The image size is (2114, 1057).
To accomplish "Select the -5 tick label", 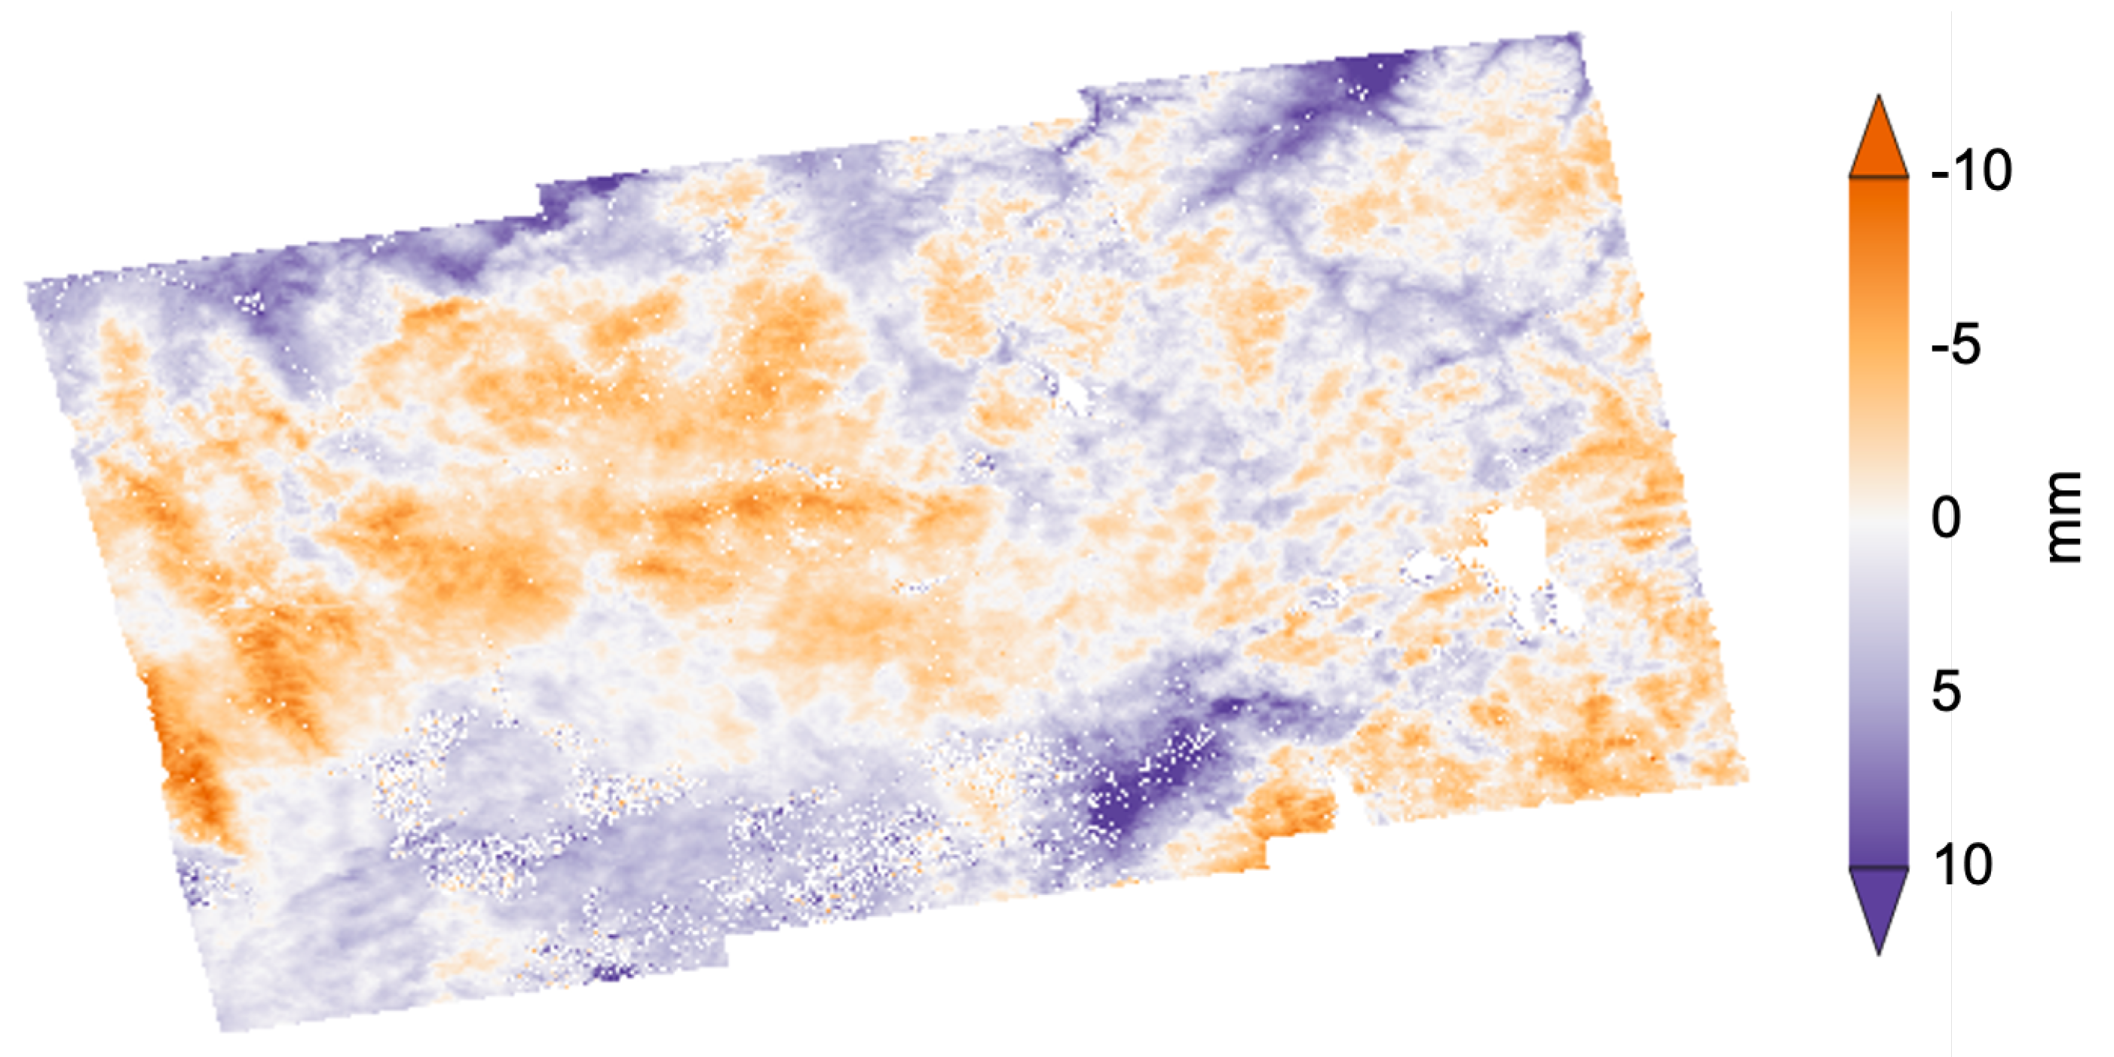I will [1956, 345].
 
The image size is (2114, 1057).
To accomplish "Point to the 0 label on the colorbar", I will [1946, 519].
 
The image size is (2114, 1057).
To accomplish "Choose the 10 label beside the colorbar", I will [1962, 865].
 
